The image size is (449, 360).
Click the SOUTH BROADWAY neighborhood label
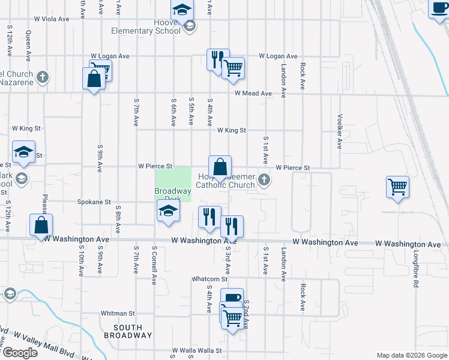pos(127,331)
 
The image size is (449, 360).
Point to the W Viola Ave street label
pos(52,19)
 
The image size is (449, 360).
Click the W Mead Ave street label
pos(253,94)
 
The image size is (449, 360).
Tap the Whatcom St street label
pos(209,279)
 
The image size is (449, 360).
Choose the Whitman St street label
pos(118,313)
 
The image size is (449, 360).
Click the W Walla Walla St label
pos(197,350)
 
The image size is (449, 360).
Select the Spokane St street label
pos(94,203)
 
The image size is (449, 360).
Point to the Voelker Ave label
pos(340,131)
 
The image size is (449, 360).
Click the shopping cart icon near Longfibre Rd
pos(397,188)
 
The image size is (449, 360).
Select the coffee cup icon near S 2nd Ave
pos(232,298)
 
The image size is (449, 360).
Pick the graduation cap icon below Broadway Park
pos(169,211)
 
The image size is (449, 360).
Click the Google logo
pos(20,353)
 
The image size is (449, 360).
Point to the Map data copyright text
pos(411,355)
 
